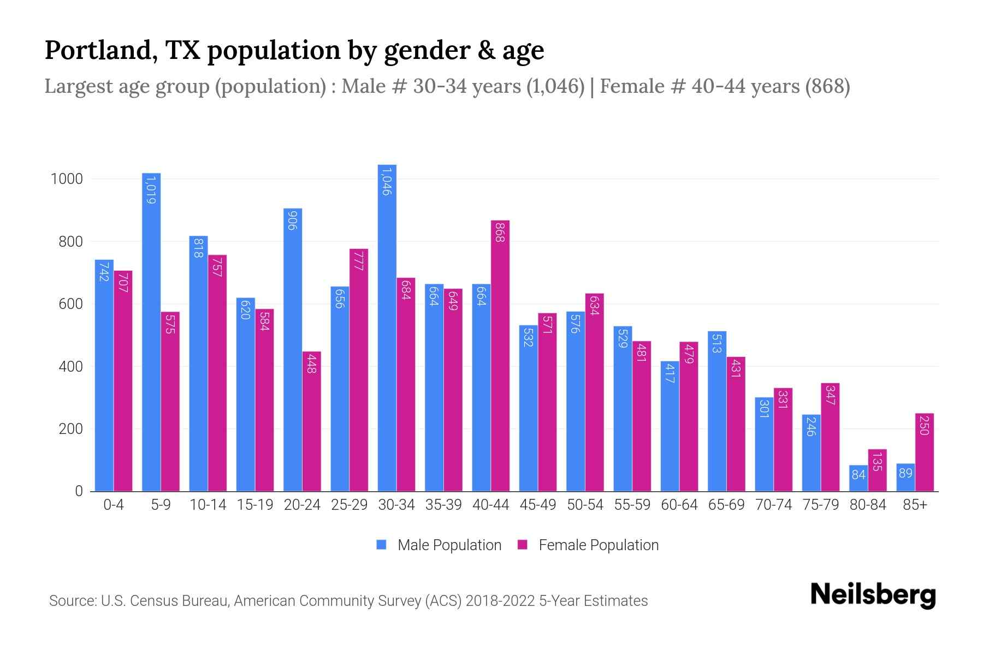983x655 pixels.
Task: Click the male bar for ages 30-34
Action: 387,327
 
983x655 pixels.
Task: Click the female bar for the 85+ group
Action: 925,452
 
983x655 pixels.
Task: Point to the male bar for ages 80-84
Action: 858,478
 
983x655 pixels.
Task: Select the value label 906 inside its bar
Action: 292,220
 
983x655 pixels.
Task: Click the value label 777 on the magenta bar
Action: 359,261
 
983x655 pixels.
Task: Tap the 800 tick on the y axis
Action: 70,242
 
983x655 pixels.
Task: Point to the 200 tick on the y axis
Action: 70,429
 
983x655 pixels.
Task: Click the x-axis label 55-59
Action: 632,505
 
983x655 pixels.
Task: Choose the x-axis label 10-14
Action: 208,505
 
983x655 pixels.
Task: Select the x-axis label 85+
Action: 915,505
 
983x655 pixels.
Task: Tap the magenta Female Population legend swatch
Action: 523,545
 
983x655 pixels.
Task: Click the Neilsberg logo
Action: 873,594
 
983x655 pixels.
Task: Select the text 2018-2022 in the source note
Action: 500,601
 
